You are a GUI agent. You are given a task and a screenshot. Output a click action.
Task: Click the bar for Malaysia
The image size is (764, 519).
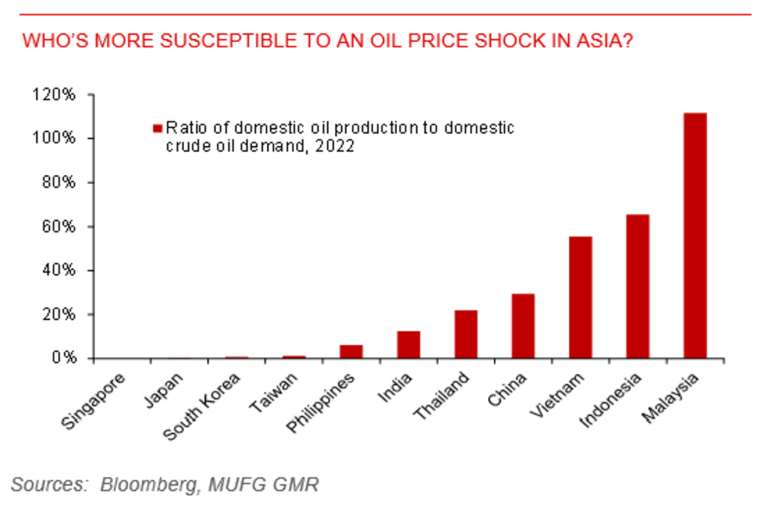tap(694, 236)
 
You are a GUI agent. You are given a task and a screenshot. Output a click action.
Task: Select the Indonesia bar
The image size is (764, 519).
tap(638, 286)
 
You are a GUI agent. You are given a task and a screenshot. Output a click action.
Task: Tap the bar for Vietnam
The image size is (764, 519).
tap(580, 298)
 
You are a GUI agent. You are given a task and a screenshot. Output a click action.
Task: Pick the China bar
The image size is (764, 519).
tap(523, 326)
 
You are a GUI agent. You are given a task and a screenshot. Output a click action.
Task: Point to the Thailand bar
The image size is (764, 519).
tap(465, 334)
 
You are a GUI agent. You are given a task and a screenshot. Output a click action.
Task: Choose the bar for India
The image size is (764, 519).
tap(408, 345)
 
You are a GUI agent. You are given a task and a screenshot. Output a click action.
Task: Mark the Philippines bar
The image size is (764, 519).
tap(351, 351)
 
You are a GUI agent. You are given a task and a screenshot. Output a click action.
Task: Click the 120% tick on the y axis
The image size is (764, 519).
tap(53, 95)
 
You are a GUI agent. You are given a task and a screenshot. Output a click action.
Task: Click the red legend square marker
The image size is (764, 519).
tap(157, 128)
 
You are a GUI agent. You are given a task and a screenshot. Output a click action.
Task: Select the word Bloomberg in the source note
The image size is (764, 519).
tap(147, 485)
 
